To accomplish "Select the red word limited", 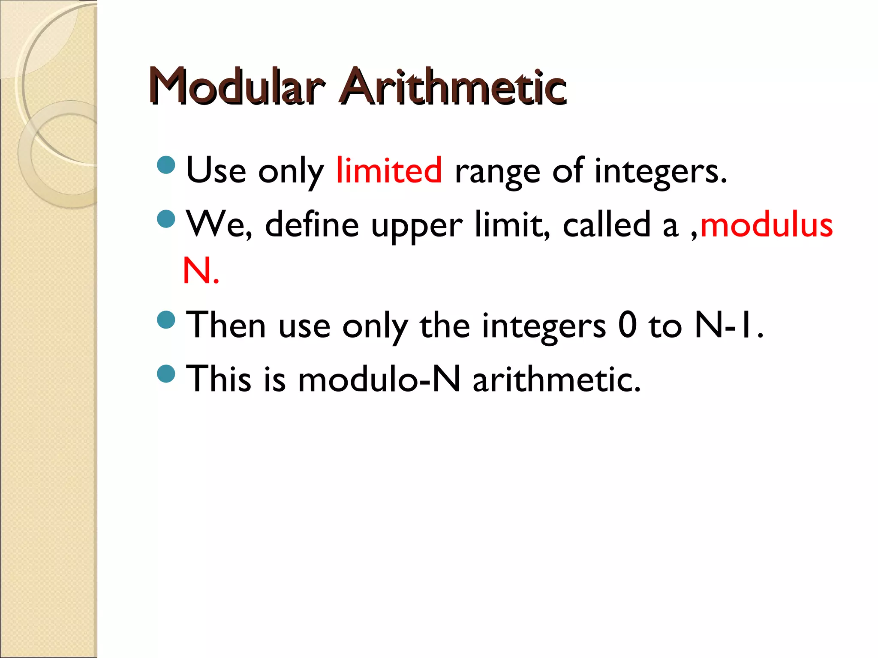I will point(388,170).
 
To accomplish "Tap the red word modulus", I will point(766,225).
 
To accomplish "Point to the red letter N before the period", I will point(196,270).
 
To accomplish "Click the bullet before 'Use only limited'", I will point(166,165).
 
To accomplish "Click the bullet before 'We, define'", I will point(166,219).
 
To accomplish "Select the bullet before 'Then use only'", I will point(166,320).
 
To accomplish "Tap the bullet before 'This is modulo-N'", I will point(166,373).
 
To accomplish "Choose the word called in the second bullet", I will point(607,225).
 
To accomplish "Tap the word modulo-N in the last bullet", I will point(379,380).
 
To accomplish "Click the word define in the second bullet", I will point(312,225).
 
